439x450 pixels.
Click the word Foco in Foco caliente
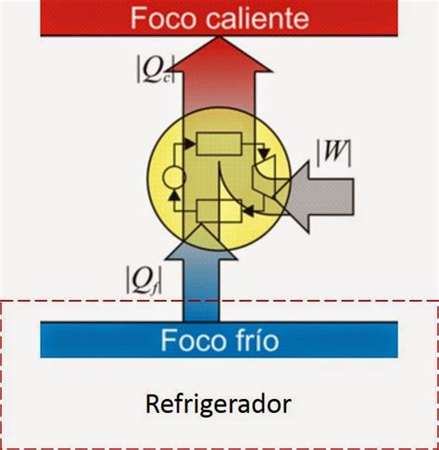pos(163,19)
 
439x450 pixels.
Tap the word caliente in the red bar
pos(257,19)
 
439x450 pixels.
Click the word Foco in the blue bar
pos(194,340)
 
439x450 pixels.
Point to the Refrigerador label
pos(219,405)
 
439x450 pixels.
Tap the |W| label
pos(334,153)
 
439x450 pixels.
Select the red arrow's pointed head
pos(219,55)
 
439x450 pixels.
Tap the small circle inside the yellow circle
pos(174,178)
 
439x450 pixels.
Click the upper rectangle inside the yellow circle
pos(219,144)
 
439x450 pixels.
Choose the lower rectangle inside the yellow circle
pos(219,211)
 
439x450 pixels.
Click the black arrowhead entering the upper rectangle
pos(190,144)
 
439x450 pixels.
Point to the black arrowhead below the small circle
pos(175,195)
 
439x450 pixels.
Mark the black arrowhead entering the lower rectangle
pos(249,211)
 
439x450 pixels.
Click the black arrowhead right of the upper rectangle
pos(264,153)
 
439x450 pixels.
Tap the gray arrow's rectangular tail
pos(332,196)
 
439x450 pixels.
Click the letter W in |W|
pos(334,153)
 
